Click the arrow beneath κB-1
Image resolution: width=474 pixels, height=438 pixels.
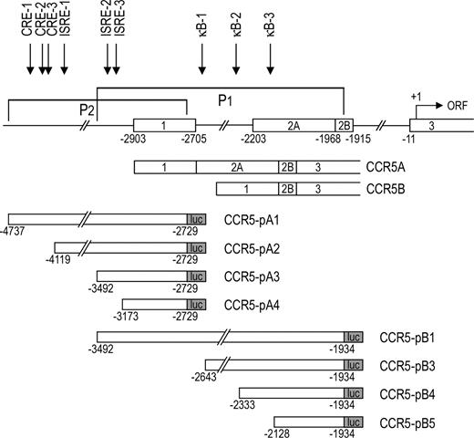[x=202, y=60]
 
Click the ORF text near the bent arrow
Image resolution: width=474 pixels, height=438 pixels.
[x=457, y=104]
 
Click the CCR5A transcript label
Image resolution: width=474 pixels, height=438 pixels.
[x=386, y=167]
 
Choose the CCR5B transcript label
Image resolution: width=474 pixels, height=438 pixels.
[x=386, y=189]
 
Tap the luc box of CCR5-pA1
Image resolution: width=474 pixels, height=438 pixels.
[x=196, y=220]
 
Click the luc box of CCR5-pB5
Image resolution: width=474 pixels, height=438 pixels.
[x=352, y=423]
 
